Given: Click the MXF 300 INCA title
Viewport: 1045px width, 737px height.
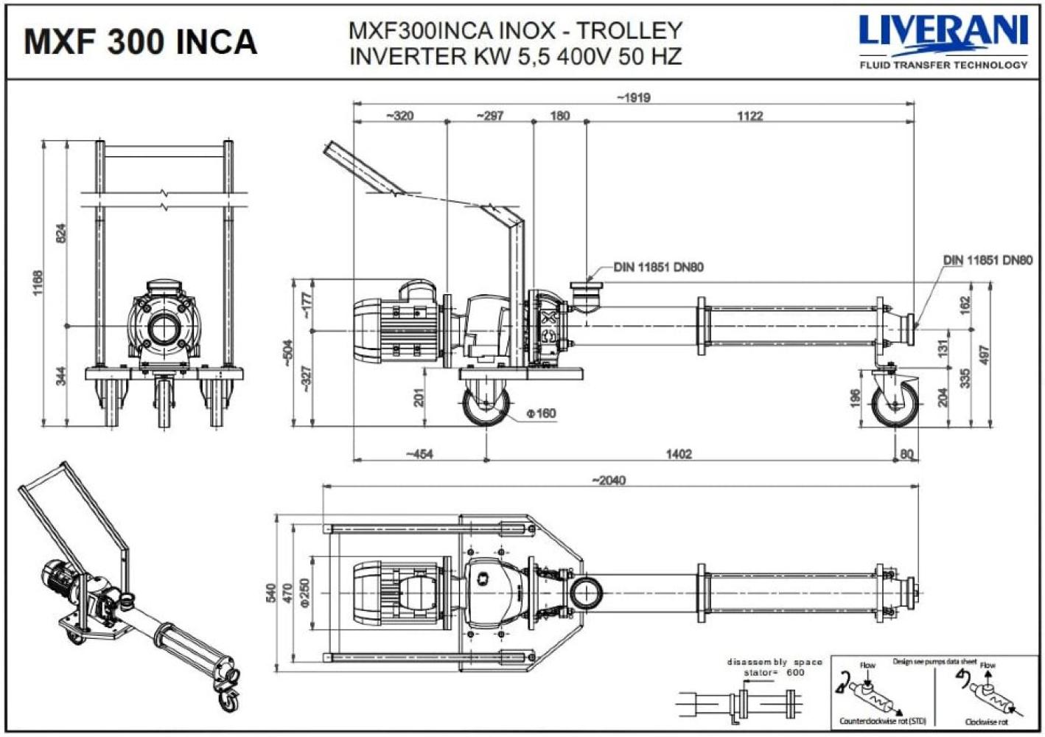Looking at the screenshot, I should coord(140,41).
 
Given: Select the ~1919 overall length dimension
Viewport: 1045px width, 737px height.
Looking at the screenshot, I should coord(633,97).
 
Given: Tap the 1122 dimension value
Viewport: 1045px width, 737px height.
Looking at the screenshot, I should coord(749,116).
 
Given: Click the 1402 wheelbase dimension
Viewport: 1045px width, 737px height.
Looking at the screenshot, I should coord(679,454).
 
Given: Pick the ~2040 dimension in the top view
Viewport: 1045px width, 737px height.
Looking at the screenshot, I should coord(608,481).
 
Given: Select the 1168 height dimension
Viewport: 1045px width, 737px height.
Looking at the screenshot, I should coord(38,283).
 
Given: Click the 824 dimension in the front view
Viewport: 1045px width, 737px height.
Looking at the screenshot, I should coord(61,233).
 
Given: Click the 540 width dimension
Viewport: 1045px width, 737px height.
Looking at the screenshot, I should coord(270,592).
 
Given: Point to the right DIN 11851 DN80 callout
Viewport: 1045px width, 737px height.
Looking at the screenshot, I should coord(988,260).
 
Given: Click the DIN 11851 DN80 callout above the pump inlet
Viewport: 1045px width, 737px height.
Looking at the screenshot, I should coord(658,267).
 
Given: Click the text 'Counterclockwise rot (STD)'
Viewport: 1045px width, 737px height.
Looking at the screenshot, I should coord(882,721).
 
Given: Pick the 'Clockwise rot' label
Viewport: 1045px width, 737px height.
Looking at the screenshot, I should coord(986,722).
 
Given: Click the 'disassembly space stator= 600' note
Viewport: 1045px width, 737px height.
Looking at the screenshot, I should coord(774,667).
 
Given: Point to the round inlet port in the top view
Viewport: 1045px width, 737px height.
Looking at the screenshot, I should coord(586,592).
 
